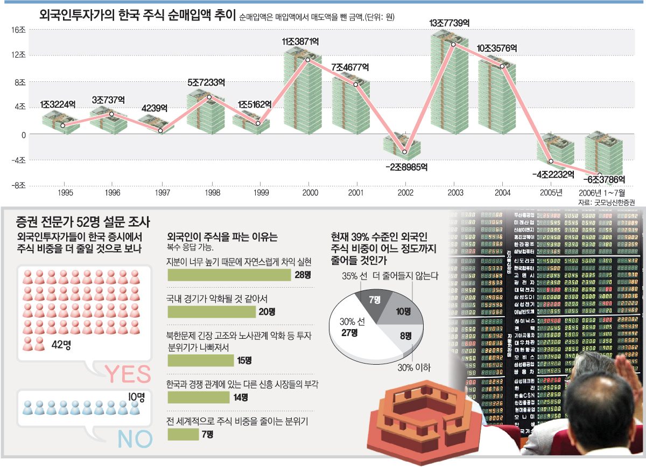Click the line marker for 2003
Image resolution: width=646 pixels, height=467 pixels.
pos(454,44)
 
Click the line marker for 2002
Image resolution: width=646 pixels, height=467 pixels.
pos(405,152)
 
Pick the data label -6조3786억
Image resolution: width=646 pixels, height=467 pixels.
pos(606,179)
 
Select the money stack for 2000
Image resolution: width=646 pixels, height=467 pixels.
pos(303,92)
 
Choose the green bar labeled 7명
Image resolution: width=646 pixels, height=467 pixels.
pos(183,434)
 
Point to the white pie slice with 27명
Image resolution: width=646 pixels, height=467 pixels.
pos(353,334)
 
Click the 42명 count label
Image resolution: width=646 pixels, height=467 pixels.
pos(62,345)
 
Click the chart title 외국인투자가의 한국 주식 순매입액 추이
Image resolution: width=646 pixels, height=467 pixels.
pos(138,15)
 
